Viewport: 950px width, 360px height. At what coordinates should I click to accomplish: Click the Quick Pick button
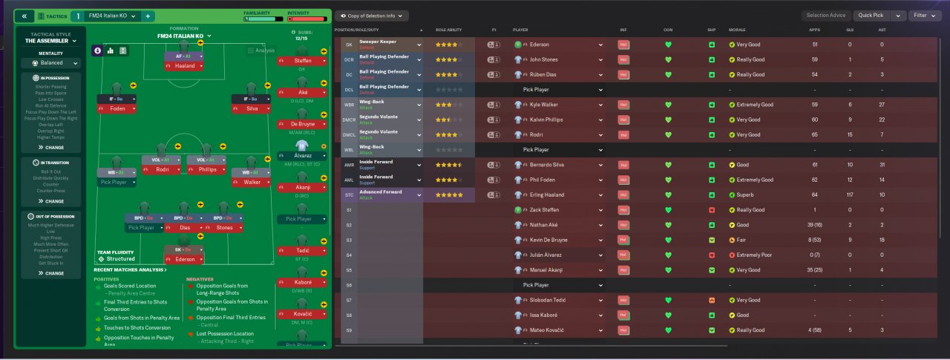point(871,15)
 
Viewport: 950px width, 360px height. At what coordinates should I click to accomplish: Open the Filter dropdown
point(924,15)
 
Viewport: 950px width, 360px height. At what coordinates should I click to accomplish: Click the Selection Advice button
point(826,15)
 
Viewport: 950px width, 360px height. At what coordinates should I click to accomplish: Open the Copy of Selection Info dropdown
point(371,16)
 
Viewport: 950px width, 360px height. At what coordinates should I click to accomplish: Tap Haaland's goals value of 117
point(849,195)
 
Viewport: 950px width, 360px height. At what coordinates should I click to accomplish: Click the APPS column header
point(815,30)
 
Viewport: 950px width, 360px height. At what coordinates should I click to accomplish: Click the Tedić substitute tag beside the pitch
point(303,251)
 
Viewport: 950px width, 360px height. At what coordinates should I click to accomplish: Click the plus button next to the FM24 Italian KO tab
point(148,16)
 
